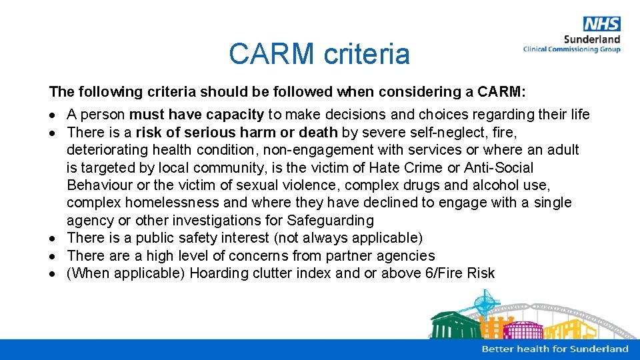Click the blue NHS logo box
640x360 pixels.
click(x=601, y=24)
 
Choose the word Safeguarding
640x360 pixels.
click(x=331, y=220)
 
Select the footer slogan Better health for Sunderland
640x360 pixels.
click(x=555, y=349)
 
